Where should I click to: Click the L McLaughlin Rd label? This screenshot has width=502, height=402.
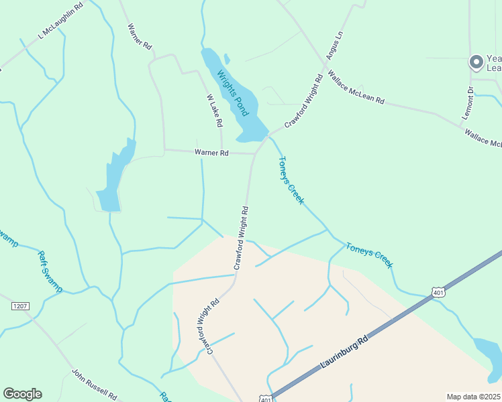click(x=61, y=20)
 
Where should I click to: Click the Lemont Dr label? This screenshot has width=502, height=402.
click(x=470, y=102)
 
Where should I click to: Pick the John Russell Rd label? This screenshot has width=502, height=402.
click(x=95, y=383)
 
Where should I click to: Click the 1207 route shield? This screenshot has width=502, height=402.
click(x=21, y=306)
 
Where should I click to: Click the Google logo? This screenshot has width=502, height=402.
click(x=22, y=394)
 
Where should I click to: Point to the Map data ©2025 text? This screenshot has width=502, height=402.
click(x=473, y=397)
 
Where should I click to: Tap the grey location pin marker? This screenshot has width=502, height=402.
click(x=476, y=62)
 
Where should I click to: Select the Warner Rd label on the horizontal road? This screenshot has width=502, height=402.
click(x=211, y=153)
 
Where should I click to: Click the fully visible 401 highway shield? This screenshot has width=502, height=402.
click(x=438, y=292)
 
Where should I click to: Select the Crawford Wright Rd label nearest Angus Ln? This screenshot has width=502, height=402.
click(x=304, y=101)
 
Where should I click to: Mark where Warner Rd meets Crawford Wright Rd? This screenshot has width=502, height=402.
click(x=254, y=154)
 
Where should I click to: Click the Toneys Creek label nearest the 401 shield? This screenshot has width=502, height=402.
click(x=369, y=256)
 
